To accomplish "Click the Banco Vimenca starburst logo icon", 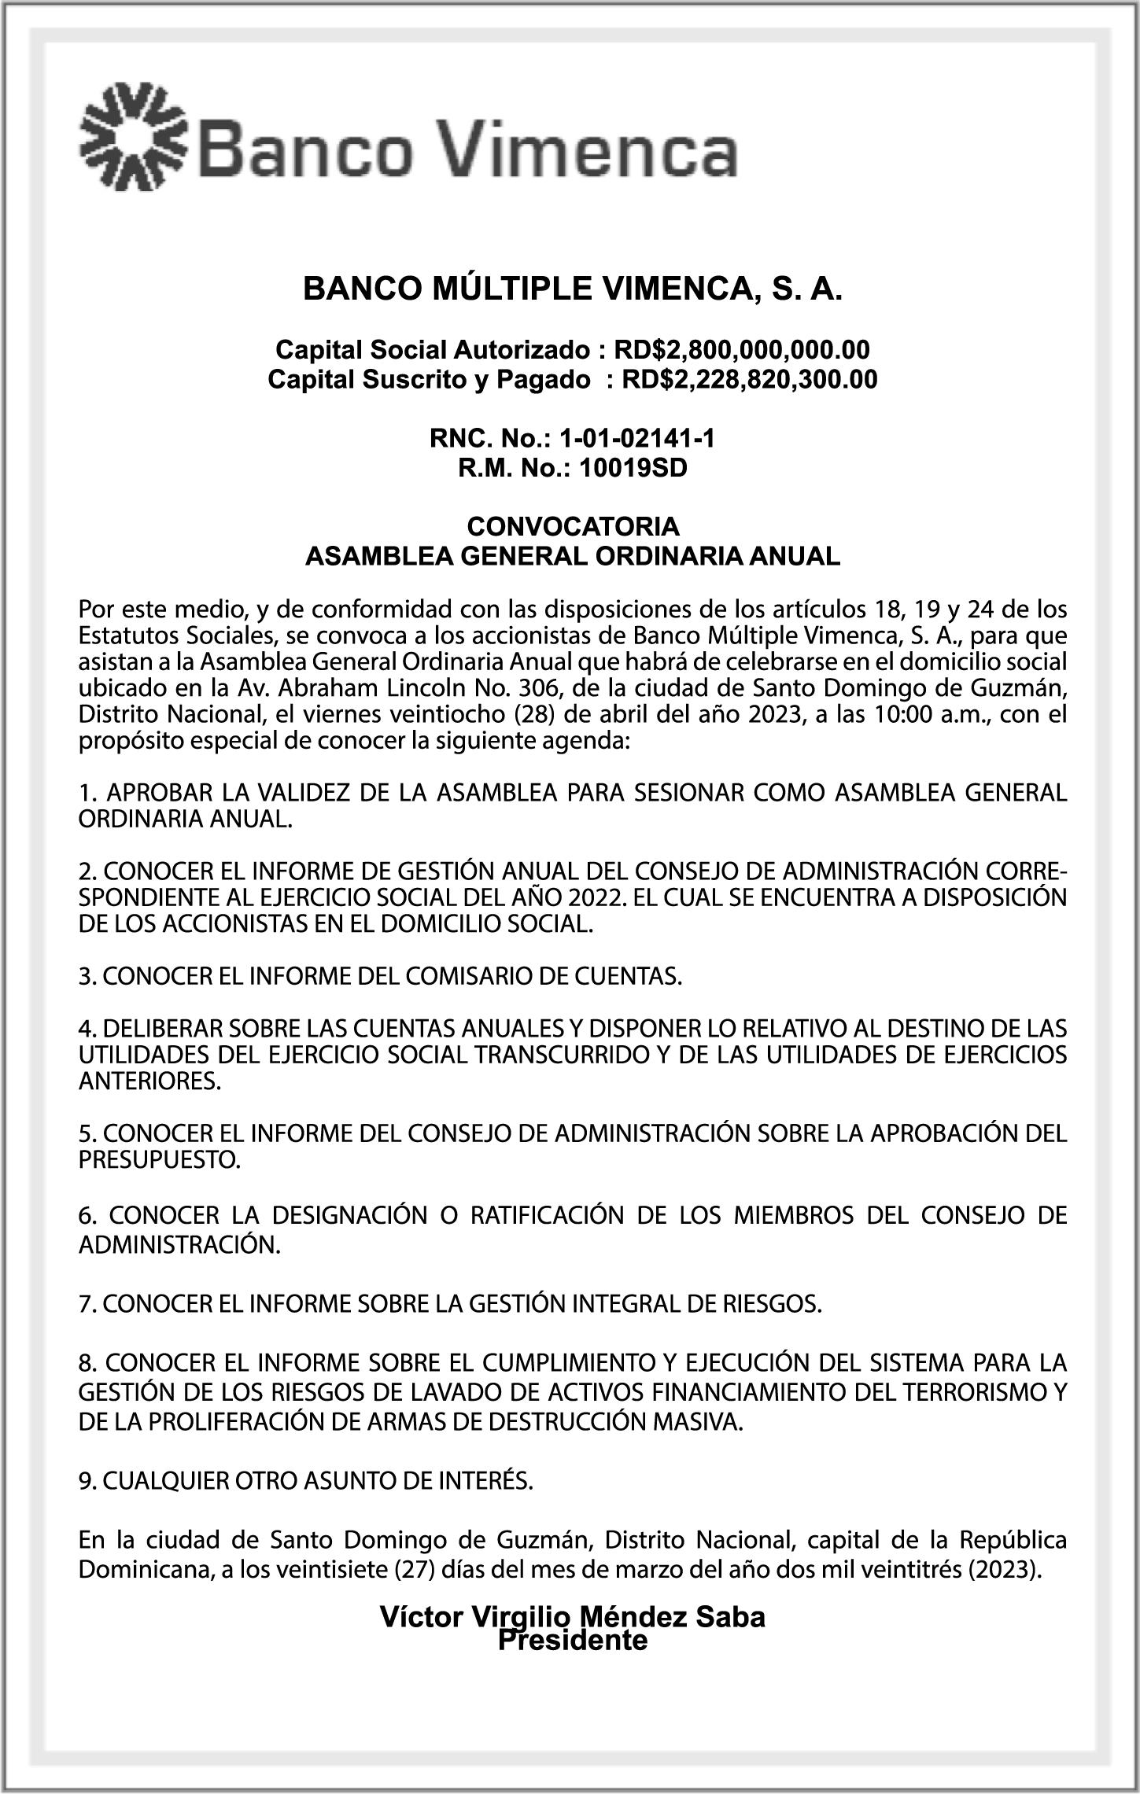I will point(133,136).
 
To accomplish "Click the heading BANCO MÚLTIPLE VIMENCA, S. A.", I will point(573,289).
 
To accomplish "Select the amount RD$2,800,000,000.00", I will point(742,349).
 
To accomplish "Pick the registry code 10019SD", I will point(633,469).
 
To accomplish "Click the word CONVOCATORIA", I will point(573,525).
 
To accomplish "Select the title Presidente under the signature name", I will point(573,1641).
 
